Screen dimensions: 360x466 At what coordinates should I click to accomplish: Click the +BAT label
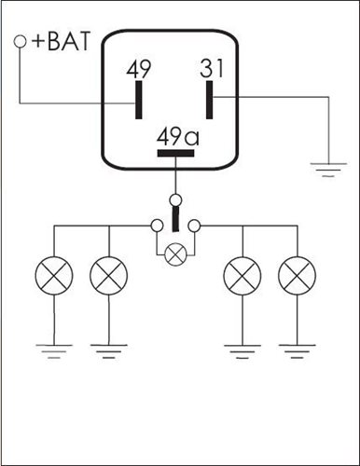click(61, 41)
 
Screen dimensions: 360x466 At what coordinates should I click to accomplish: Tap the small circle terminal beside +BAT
click(20, 42)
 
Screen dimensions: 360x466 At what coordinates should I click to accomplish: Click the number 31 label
click(212, 68)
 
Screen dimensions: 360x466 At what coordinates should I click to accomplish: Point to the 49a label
click(178, 137)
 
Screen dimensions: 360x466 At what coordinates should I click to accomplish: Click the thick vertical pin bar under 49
click(139, 100)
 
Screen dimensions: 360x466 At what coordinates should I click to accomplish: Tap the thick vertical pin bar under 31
click(210, 100)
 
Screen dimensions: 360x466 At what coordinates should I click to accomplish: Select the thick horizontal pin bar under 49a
click(176, 153)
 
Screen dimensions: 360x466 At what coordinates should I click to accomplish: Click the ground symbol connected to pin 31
click(328, 170)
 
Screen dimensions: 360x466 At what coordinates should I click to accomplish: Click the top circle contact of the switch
click(176, 199)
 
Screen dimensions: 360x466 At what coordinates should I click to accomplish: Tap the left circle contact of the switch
click(157, 226)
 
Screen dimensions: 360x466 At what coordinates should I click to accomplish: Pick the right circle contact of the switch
click(195, 226)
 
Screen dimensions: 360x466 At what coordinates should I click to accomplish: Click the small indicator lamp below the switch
click(175, 254)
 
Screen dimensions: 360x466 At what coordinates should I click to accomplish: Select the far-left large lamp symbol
click(54, 276)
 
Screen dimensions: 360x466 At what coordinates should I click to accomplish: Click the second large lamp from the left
click(108, 276)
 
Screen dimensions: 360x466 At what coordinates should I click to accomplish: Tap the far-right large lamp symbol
click(297, 276)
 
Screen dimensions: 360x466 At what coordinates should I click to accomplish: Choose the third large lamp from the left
click(242, 276)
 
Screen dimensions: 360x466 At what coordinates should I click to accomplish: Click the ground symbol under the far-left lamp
click(54, 351)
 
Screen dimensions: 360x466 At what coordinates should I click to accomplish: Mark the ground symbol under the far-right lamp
click(297, 351)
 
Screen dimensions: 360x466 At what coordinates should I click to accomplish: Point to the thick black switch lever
click(176, 219)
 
